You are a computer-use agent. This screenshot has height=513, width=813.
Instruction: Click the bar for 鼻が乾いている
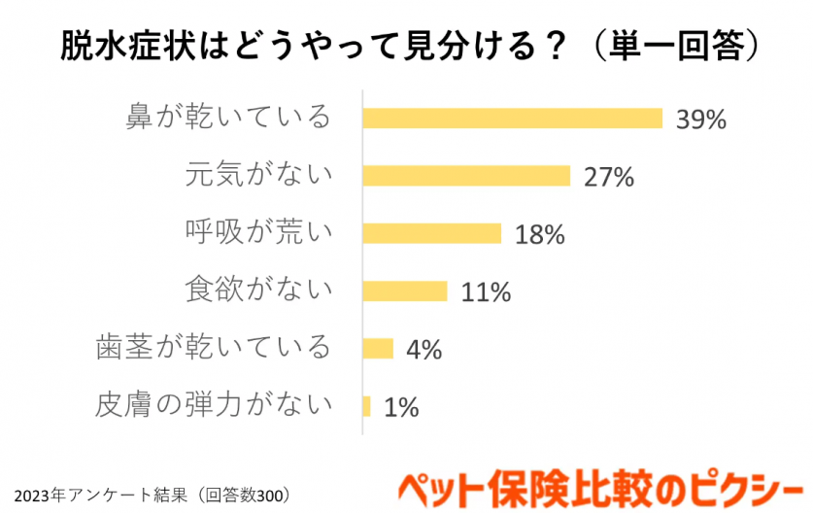[512, 118]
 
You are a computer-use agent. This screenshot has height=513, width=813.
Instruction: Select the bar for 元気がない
[465, 176]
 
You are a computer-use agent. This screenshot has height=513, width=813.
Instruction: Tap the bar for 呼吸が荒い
[431, 233]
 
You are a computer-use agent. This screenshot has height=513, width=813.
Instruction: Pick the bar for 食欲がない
[404, 291]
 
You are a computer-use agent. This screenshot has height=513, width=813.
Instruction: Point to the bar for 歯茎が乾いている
[377, 349]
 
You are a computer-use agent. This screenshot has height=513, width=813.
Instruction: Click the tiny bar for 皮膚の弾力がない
[366, 406]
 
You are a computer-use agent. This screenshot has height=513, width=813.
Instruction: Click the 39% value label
[701, 120]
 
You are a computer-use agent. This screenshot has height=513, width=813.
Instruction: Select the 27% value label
[608, 177]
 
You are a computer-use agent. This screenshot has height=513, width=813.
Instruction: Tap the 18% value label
[539, 235]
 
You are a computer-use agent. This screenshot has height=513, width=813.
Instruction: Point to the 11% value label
[486, 292]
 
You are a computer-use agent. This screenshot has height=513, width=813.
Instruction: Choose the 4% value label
[423, 350]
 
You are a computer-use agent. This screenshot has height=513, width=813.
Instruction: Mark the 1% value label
[400, 408]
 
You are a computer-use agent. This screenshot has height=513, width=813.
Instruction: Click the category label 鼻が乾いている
[228, 119]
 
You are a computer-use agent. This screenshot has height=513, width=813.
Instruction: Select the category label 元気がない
[258, 176]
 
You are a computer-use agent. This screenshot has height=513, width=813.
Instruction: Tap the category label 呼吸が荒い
[258, 233]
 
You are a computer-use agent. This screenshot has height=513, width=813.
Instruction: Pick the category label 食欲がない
[258, 291]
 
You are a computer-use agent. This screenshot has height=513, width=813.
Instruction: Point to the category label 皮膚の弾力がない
[214, 405]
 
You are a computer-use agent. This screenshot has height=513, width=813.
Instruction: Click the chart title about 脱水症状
[406, 45]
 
